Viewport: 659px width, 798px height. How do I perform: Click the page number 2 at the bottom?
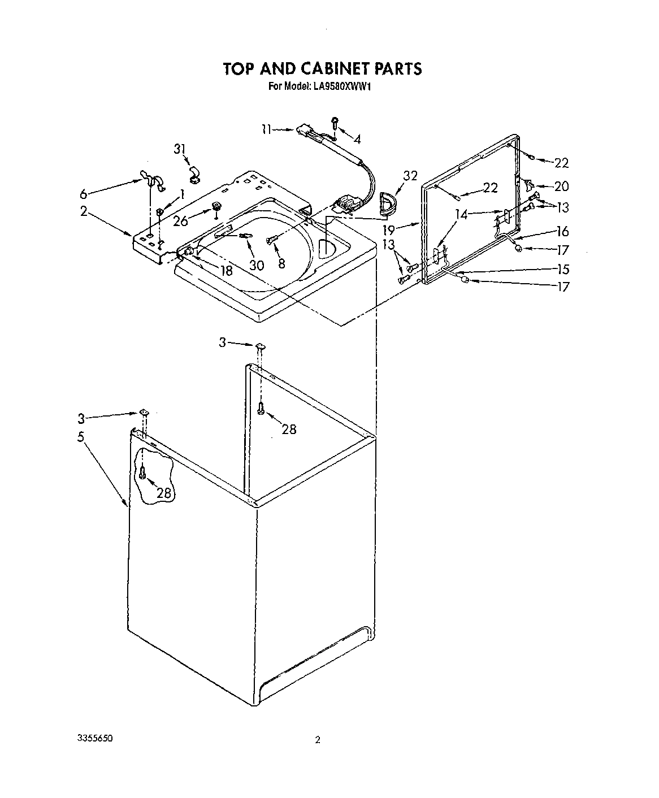318,740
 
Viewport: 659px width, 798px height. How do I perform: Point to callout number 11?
266,129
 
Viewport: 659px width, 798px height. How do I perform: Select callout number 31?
180,149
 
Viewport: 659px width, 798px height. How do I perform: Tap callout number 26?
180,221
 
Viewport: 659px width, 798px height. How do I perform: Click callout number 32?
410,176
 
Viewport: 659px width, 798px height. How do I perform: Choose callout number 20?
561,186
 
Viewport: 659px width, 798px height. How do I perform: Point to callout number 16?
562,231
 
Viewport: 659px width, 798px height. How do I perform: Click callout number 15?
562,270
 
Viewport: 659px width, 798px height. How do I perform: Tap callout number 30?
257,265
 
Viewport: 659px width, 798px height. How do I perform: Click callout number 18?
226,271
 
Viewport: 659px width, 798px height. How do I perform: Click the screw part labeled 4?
335,121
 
